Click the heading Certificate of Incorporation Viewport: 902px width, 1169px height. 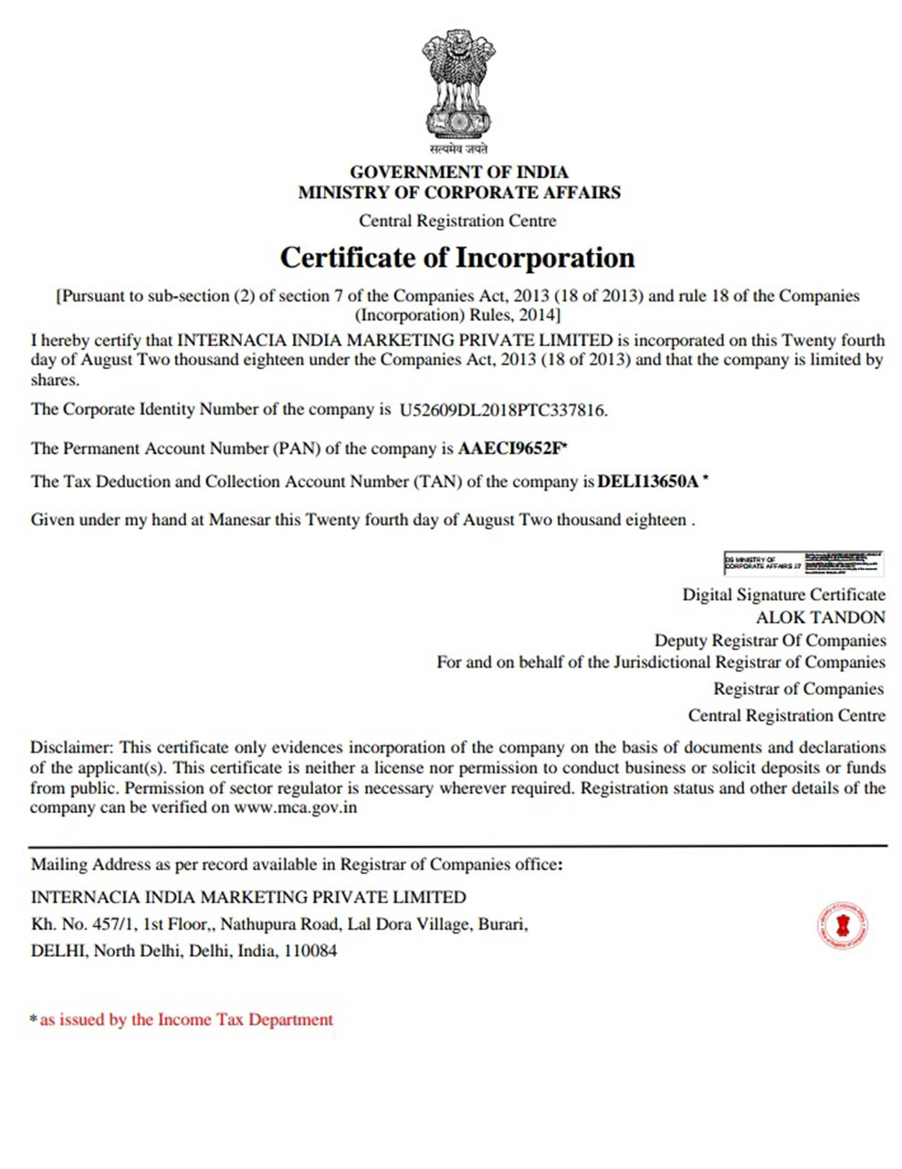click(456, 258)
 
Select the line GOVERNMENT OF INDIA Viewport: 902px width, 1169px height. click(459, 172)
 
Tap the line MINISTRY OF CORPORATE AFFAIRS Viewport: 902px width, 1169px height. click(459, 193)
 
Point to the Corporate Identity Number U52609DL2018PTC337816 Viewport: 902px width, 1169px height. click(502, 410)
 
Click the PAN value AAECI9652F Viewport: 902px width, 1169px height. click(511, 448)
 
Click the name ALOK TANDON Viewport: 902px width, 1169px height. click(820, 617)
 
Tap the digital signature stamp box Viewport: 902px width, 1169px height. click(803, 563)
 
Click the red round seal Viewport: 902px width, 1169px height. click(842, 926)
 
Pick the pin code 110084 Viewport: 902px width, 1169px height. click(310, 951)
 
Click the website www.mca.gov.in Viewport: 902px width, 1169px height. click(295, 807)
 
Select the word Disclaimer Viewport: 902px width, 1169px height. click(71, 747)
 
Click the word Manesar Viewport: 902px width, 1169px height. click(240, 521)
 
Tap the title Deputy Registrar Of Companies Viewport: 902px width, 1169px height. click(770, 640)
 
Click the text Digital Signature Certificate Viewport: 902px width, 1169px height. click(783, 595)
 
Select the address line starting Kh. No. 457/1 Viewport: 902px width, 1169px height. click(279, 924)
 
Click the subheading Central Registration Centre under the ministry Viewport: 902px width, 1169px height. click(457, 221)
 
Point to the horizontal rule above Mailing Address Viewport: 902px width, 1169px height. click(457, 847)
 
